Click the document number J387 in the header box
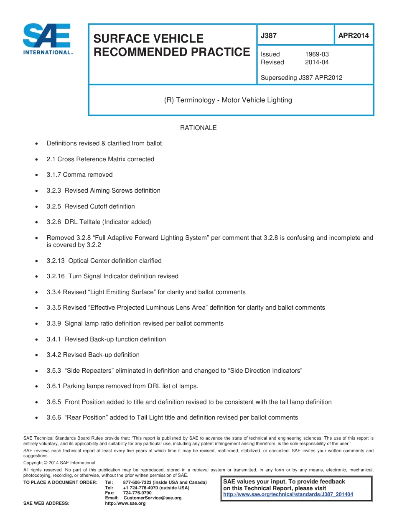269,36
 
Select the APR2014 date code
353,36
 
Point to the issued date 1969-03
317,54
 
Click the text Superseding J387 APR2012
301,77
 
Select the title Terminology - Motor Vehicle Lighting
228,100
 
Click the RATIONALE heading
198,128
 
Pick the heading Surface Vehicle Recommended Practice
171,45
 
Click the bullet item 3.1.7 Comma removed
79,175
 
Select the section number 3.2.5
54,206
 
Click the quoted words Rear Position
87,417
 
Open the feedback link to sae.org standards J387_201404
288,494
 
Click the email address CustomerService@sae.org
153,498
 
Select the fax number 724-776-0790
137,493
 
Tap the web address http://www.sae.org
125,504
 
